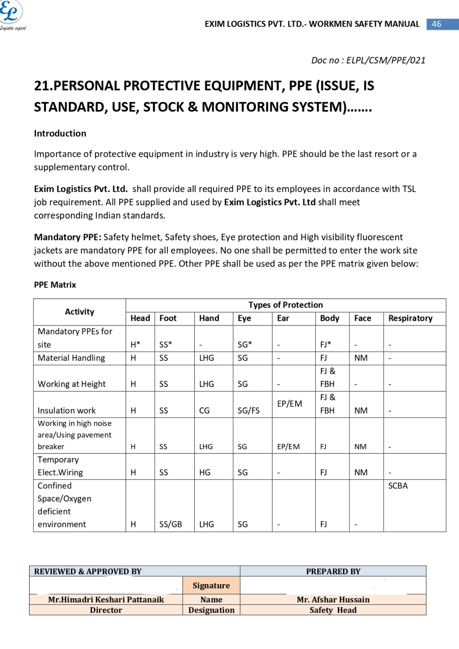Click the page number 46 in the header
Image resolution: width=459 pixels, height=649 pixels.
(436, 24)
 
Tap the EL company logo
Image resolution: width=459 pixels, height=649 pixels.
(12, 15)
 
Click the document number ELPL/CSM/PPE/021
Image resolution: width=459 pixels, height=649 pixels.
(368, 60)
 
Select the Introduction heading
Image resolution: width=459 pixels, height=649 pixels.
(60, 133)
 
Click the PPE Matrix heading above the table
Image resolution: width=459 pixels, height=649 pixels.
(55, 285)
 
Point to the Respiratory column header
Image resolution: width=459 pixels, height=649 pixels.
(410, 318)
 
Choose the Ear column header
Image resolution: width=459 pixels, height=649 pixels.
(283, 318)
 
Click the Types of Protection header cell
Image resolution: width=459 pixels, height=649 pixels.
(285, 305)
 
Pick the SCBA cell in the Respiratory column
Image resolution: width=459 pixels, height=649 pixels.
(398, 486)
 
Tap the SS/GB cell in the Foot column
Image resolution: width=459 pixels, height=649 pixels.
(170, 524)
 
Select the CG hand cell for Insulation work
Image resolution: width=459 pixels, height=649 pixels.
(204, 410)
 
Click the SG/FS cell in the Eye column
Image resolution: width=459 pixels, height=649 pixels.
(248, 410)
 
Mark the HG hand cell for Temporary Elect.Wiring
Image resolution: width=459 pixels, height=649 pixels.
(205, 472)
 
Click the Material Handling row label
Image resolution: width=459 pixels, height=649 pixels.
(71, 358)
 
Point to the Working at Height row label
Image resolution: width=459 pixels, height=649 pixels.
(71, 384)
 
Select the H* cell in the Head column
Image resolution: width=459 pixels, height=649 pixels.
(135, 345)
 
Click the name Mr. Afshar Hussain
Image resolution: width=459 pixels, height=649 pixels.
(333, 600)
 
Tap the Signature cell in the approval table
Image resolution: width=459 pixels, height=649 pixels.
(211, 585)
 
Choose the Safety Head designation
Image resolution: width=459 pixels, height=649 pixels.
(333, 610)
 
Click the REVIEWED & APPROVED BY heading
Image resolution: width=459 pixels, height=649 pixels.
(88, 571)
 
